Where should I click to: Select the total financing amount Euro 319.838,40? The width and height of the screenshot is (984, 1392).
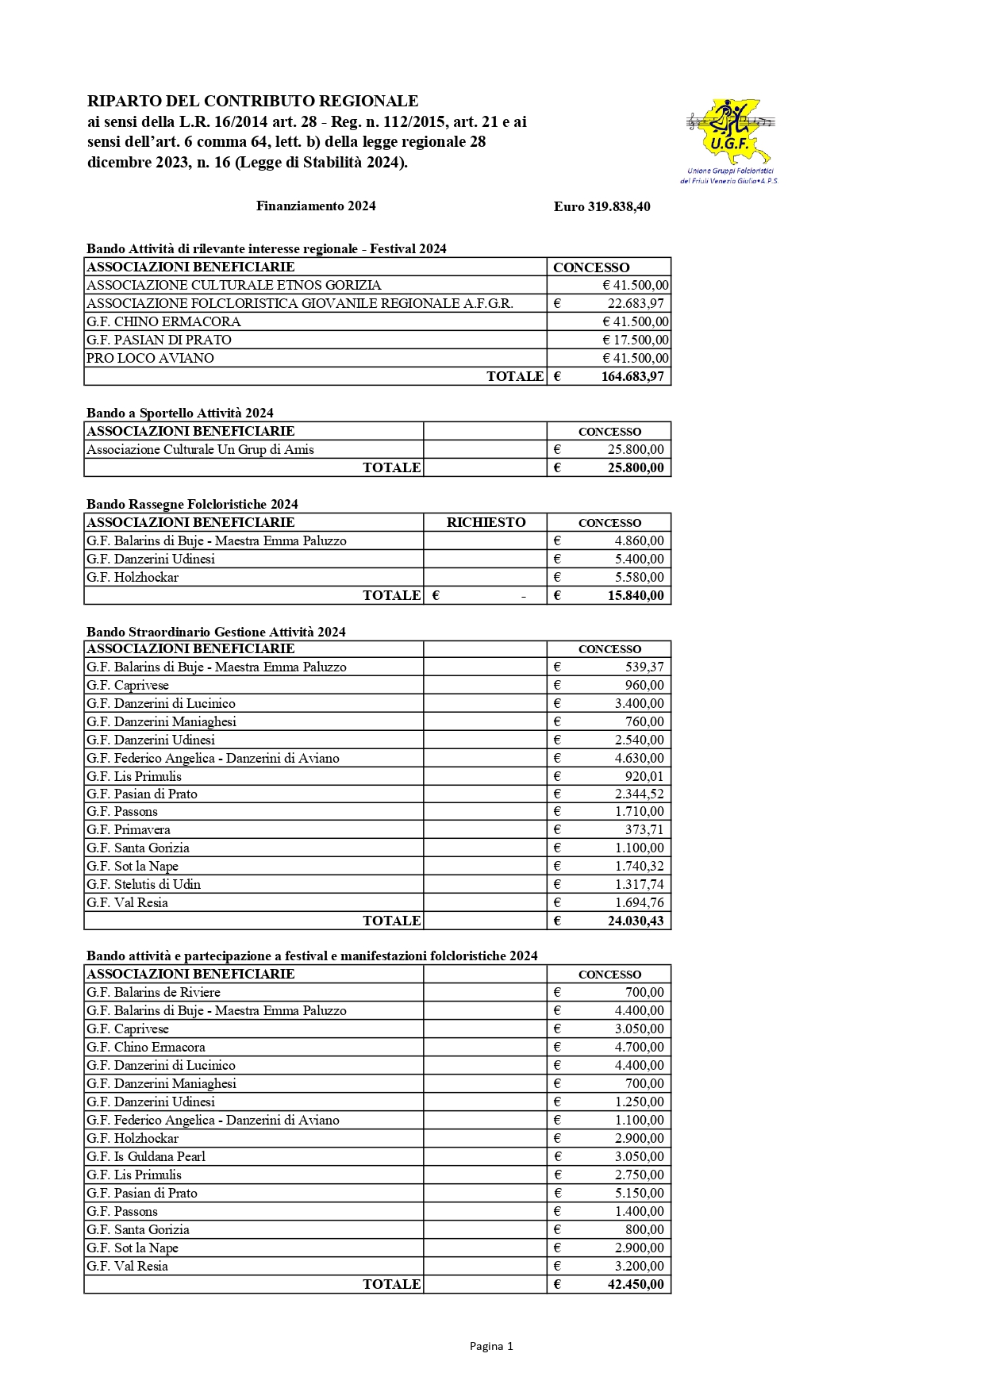[602, 207]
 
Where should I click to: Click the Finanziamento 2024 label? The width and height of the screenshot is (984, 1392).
[316, 206]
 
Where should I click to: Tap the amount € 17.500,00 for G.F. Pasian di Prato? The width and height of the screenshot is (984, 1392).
[635, 340]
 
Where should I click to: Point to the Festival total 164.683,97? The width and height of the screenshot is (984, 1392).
[632, 376]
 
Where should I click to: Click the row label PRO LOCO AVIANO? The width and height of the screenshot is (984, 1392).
[150, 358]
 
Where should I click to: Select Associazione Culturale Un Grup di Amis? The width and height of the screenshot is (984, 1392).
[200, 449]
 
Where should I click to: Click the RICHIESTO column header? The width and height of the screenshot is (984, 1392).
[486, 522]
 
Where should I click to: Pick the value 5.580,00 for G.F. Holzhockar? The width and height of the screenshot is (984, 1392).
[639, 577]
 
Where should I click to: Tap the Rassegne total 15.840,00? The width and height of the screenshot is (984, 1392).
[635, 595]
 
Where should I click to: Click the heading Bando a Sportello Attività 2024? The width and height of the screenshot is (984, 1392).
[179, 413]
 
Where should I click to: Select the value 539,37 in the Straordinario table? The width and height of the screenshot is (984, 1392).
[644, 667]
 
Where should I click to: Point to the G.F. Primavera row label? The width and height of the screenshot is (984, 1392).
[129, 829]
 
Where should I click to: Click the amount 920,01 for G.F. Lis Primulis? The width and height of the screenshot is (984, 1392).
[644, 776]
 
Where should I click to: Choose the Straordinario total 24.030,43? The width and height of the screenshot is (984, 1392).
[635, 921]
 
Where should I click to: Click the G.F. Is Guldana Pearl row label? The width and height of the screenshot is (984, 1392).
[146, 1156]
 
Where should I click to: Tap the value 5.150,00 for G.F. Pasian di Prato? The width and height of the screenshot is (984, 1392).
[639, 1193]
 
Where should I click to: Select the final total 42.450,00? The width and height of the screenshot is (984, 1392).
[635, 1284]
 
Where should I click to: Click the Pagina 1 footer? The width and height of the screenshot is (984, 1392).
[491, 1346]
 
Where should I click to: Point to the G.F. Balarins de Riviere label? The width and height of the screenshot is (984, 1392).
[153, 992]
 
